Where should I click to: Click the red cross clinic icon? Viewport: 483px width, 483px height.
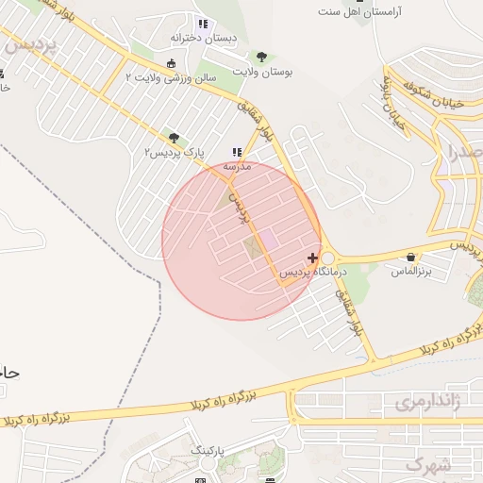point(313,258)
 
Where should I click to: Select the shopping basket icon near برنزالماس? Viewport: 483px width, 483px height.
point(410,257)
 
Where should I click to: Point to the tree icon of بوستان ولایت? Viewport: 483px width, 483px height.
point(261,57)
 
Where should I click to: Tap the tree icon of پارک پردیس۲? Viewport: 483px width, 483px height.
point(172,138)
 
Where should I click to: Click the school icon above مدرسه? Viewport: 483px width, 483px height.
point(236,151)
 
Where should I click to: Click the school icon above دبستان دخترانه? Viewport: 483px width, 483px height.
point(202,24)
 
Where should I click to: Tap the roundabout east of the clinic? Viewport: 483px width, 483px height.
point(328,258)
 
